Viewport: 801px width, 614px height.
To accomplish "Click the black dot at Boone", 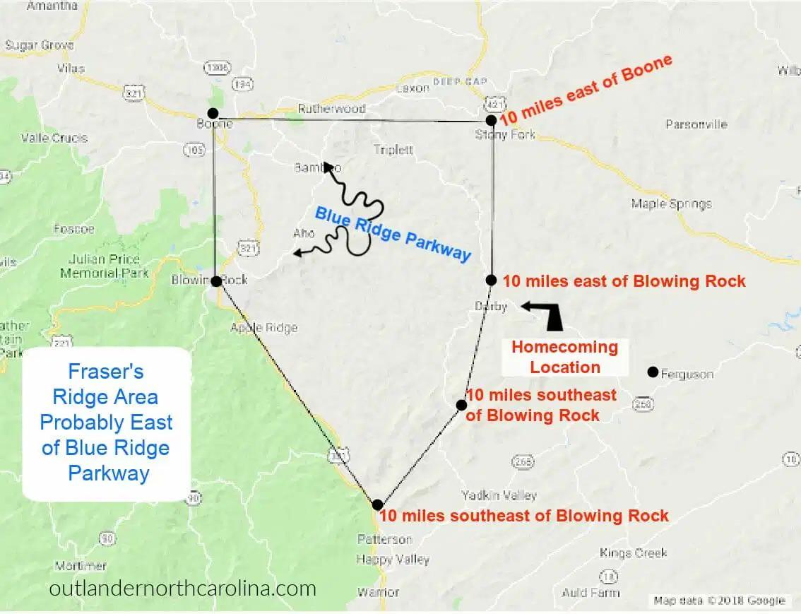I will [213, 113].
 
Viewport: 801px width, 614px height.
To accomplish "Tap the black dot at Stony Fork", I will [491, 120].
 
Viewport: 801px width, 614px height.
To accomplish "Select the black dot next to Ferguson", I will [653, 372].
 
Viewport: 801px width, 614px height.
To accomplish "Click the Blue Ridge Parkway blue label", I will [393, 233].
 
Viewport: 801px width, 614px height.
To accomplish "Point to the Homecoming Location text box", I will [564, 357].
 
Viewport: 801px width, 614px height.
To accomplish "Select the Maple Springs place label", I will [671, 204].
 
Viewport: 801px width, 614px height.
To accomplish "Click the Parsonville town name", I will [696, 124].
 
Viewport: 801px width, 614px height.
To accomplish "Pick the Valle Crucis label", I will [54, 138].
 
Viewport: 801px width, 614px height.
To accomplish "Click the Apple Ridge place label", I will [264, 327].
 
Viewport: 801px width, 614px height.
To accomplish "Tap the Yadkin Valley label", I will [499, 495].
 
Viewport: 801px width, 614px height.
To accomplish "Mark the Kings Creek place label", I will [633, 553].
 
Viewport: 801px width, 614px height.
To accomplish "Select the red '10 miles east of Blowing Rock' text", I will [624, 281].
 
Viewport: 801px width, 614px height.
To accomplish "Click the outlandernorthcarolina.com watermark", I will [183, 588].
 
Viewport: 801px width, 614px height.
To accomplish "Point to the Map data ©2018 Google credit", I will [719, 601].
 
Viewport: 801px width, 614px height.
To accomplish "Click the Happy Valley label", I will [393, 559].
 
